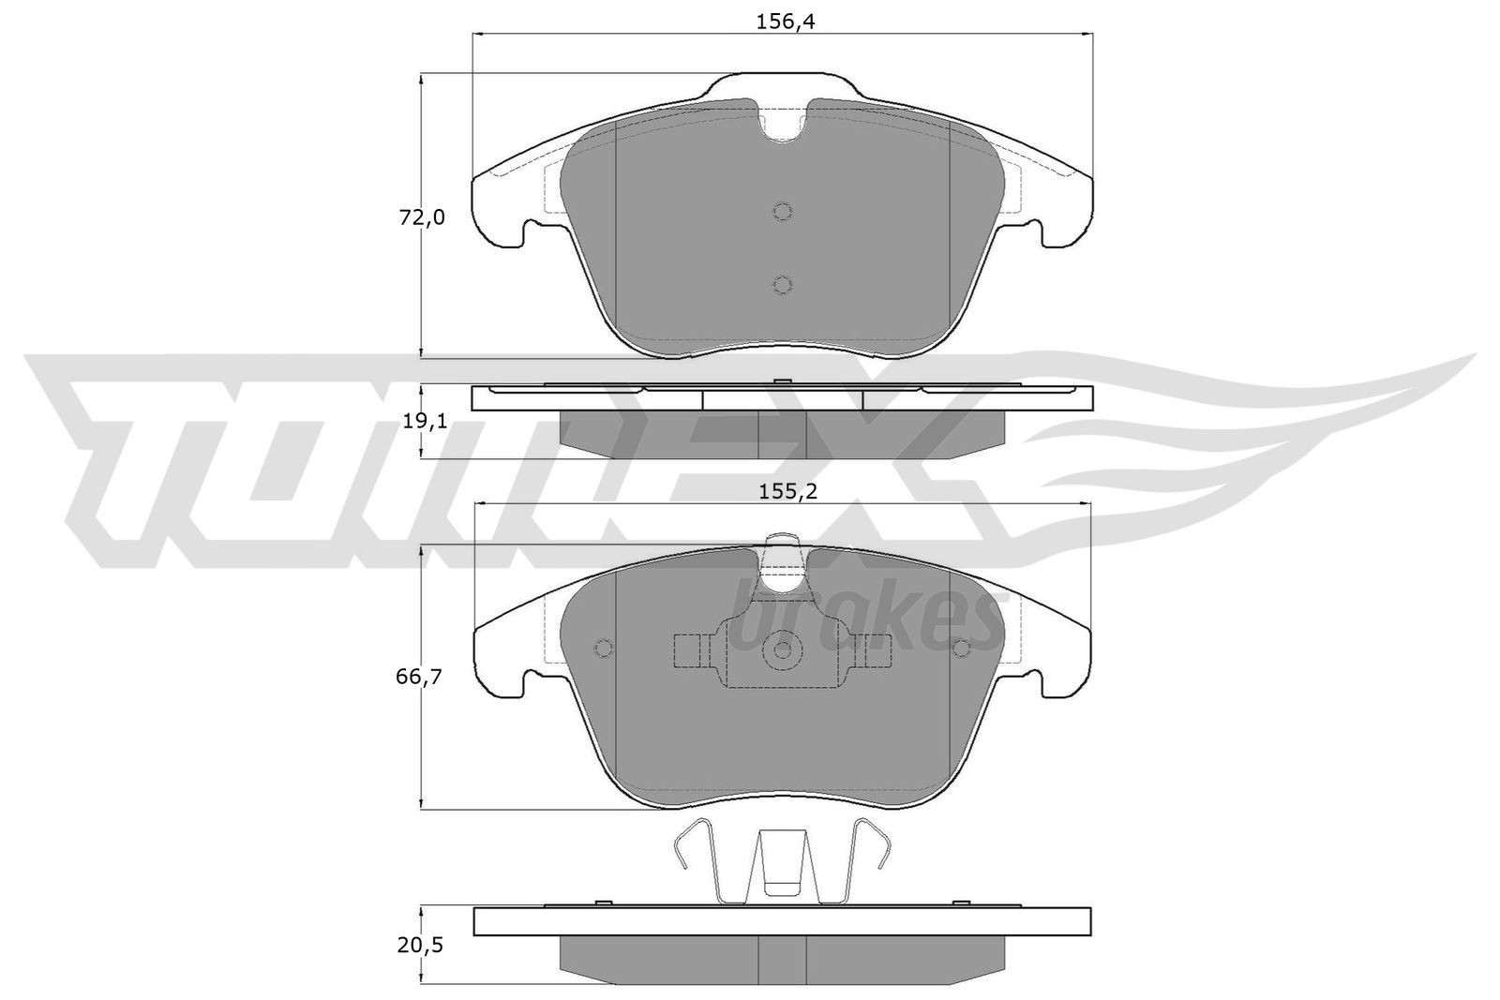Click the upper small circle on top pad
click(x=783, y=211)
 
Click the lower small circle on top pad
click(x=783, y=284)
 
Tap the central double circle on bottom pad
click(x=782, y=649)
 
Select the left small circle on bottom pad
click(x=604, y=649)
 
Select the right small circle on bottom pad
click(x=961, y=649)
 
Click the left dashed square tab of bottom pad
click(x=690, y=649)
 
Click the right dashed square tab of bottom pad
click(x=876, y=649)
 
